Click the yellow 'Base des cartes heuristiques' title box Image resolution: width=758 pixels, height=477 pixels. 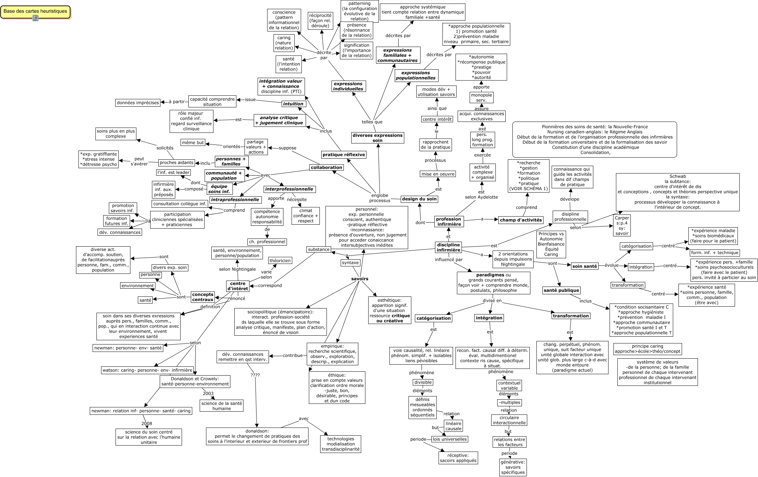(35, 11)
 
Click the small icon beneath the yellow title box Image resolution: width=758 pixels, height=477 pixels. (35, 18)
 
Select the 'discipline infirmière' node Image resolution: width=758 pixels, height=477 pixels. (448, 247)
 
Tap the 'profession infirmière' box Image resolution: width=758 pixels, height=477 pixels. (449, 222)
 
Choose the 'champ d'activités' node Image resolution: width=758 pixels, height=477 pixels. (521, 220)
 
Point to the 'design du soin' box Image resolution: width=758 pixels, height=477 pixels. (419, 199)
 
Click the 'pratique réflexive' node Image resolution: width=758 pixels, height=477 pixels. (343, 155)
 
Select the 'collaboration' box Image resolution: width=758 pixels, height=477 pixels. (327, 167)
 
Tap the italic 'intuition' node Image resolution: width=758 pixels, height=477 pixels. (293, 104)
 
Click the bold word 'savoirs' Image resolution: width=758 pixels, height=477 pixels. (360, 279)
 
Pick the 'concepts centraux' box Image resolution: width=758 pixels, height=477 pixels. (203, 297)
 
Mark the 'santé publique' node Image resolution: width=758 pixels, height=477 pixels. (562, 290)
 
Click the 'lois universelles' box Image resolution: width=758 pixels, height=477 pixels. (449, 439)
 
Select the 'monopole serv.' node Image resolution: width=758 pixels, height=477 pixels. (481, 98)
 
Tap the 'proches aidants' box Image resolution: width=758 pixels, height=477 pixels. (176, 163)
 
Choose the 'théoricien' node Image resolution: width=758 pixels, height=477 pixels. (280, 260)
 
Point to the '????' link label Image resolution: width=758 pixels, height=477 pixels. (255, 375)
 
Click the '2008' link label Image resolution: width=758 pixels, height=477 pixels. (147, 423)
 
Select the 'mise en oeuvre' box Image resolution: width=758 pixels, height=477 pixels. (438, 174)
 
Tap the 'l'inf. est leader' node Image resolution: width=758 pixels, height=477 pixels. (173, 172)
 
